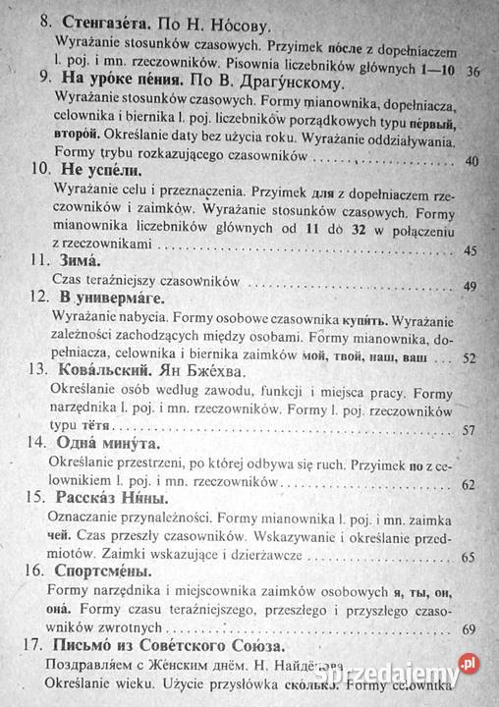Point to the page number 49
tap(470, 286)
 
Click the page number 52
tap(469, 358)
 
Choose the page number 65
tap(468, 557)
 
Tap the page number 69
tap(467, 628)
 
